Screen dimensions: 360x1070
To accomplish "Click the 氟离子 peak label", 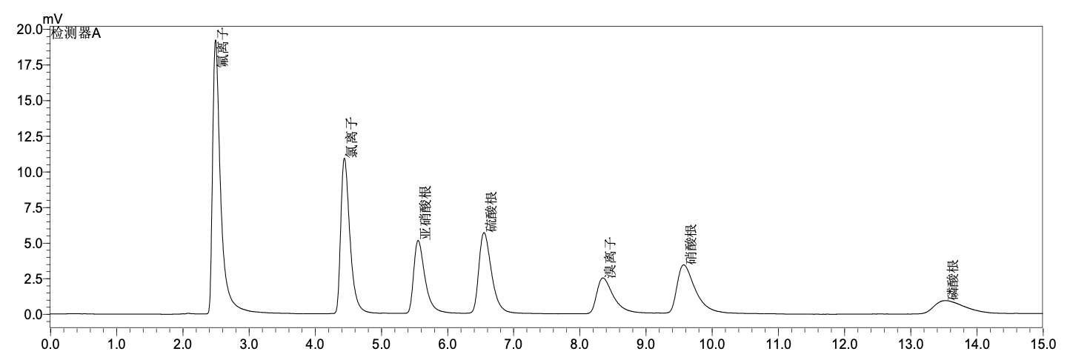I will pyautogui.click(x=223, y=49).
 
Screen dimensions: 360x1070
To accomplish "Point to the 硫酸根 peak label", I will pyautogui.click(x=491, y=211).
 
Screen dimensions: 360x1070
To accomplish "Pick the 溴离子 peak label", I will pyautogui.click(x=610, y=259).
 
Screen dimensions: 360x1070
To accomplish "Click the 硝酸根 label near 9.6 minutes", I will pyautogui.click(x=691, y=244).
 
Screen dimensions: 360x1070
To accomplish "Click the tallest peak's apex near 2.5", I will pyautogui.click(x=216, y=41).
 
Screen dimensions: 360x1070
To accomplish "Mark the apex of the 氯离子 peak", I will pyautogui.click(x=345, y=159).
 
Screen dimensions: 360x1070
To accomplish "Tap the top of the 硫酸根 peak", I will pyautogui.click(x=484, y=233).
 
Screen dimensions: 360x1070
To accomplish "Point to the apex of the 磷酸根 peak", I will pyautogui.click(x=946, y=301).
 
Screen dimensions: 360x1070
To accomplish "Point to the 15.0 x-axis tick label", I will pyautogui.click(x=1042, y=344).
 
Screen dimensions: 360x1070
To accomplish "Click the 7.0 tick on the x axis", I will pyautogui.click(x=514, y=344).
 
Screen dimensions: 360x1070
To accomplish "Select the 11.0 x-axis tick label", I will pyautogui.click(x=777, y=344).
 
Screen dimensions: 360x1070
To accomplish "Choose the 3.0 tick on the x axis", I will pyautogui.click(x=249, y=344).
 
